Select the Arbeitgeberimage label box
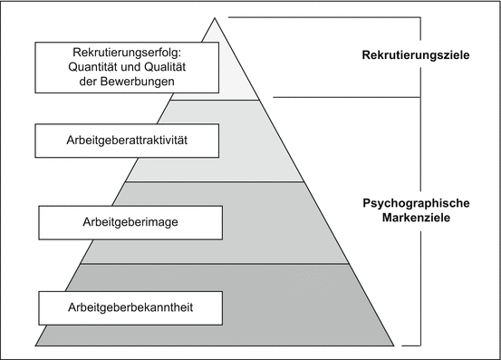click(130, 221)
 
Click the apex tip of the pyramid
click(216, 17)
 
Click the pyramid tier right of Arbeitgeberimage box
click(272, 222)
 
